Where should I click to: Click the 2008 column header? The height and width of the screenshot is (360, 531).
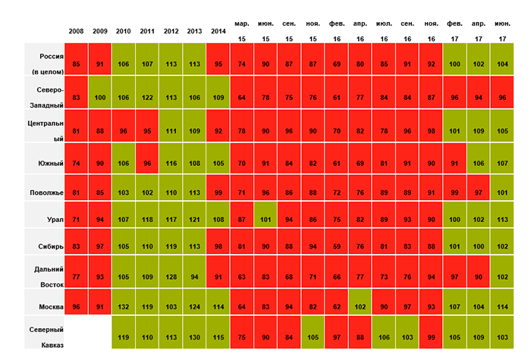(x=76, y=31)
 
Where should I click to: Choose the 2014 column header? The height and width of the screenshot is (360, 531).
(x=218, y=31)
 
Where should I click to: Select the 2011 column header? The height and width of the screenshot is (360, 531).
(x=146, y=31)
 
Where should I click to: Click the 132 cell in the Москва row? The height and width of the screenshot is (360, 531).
(x=123, y=307)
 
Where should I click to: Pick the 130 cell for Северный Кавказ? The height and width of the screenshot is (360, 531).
(x=194, y=337)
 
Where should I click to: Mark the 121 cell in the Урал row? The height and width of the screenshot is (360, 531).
(x=194, y=221)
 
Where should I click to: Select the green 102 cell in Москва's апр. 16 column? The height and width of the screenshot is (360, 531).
(x=360, y=307)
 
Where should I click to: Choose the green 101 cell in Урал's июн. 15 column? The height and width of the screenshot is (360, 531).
(x=265, y=221)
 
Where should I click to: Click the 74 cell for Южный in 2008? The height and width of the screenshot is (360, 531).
(x=76, y=162)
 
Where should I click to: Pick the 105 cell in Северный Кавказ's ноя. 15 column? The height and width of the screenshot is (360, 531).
(x=313, y=337)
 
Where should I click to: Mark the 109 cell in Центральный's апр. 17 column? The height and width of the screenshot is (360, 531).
(x=478, y=130)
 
